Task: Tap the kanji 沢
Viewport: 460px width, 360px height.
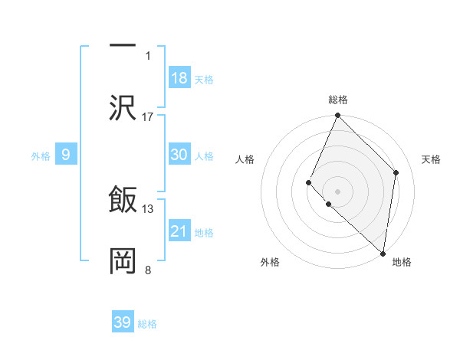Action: pos(123,107)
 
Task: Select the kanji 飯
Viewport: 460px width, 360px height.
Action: pos(123,201)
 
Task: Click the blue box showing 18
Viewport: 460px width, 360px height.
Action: pos(179,78)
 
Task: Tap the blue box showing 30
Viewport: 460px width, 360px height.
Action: pos(179,155)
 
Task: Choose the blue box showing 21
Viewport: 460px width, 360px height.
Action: pos(179,231)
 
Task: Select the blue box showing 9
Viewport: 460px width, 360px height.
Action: pos(66,155)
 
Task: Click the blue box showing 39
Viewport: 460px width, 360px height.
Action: pos(123,322)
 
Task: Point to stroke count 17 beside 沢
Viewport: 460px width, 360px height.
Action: pos(148,116)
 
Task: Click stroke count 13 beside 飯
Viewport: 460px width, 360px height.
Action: pos(148,208)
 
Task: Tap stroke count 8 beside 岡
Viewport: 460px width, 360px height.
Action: pos(148,270)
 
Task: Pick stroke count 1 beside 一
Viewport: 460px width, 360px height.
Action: pos(148,55)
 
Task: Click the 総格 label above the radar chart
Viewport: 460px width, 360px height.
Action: pos(338,100)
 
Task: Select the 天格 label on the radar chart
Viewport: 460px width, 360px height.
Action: pos(431,159)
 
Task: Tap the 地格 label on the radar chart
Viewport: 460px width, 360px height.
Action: pos(402,262)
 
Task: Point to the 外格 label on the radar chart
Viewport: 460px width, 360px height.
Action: pos(270,262)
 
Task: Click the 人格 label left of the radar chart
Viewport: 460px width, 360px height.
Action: pos(245,159)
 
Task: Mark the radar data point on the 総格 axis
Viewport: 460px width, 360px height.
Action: pos(338,116)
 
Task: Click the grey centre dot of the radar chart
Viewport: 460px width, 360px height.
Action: pos(338,191)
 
